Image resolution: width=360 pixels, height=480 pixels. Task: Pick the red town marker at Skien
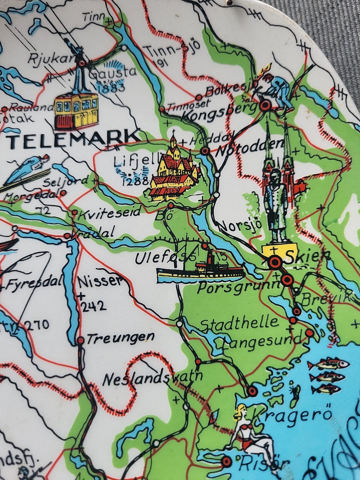275,262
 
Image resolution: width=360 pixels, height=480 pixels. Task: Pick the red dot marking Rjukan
81,63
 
